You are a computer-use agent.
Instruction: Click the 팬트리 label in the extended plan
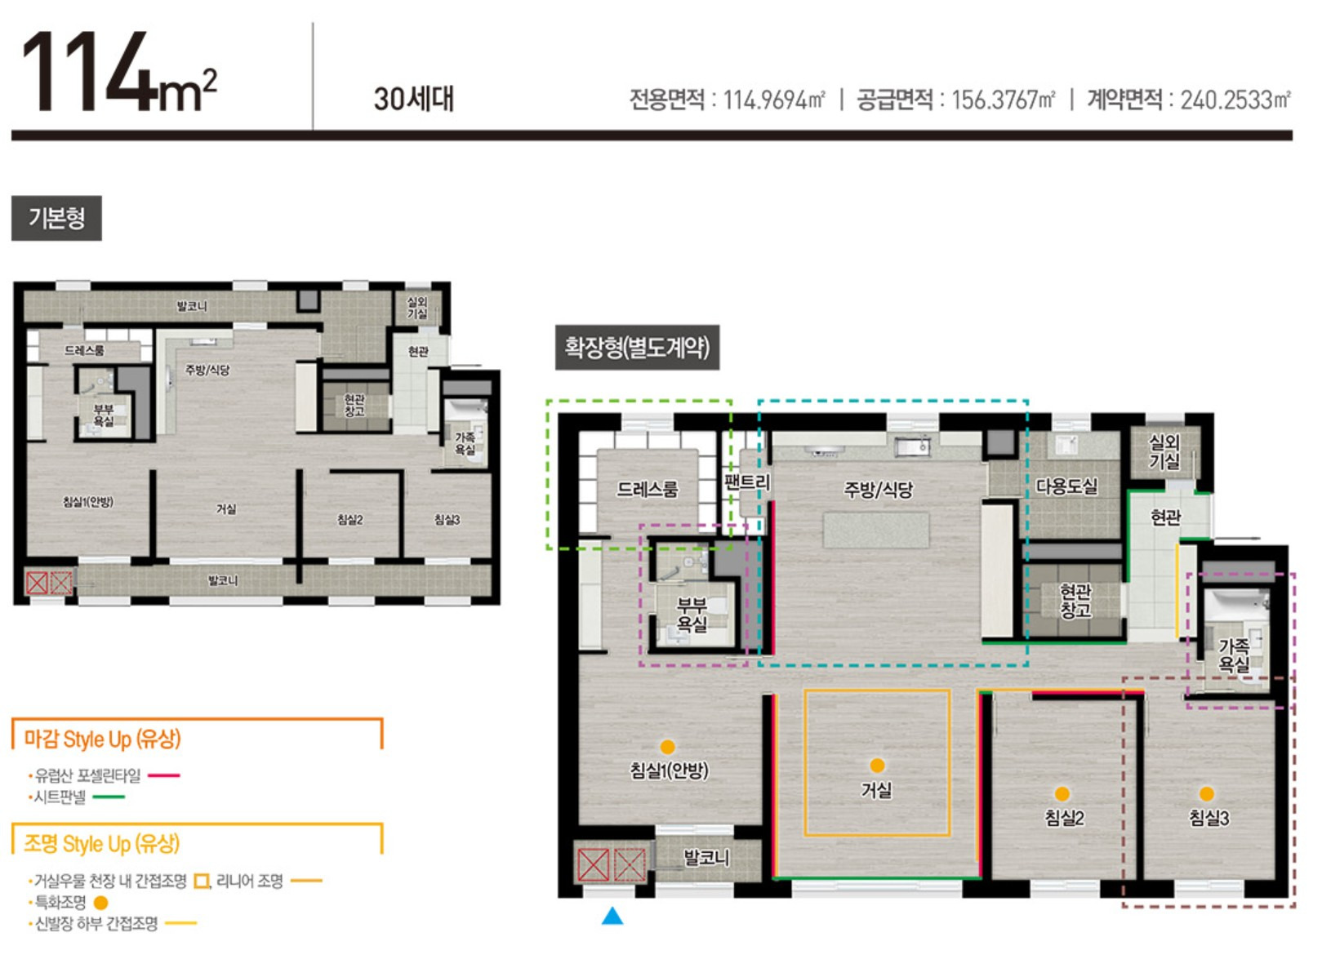[747, 482]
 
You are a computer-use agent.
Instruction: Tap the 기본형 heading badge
[56, 218]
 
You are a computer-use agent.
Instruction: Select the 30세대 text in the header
[414, 100]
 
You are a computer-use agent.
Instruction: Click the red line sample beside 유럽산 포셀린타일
[163, 775]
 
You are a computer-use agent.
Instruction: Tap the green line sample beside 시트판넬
[109, 797]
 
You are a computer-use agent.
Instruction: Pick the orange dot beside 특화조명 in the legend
[101, 903]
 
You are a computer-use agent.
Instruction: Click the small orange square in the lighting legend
[202, 881]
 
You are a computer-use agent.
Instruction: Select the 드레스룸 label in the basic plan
[84, 350]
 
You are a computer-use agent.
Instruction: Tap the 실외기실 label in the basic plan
[417, 308]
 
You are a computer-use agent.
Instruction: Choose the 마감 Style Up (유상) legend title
[102, 739]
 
